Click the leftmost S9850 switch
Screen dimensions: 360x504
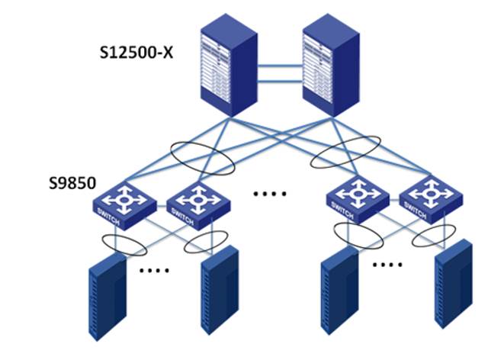pos(124,202)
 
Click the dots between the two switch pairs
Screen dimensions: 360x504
pos(268,194)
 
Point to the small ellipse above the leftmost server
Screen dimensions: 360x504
pos(121,246)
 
